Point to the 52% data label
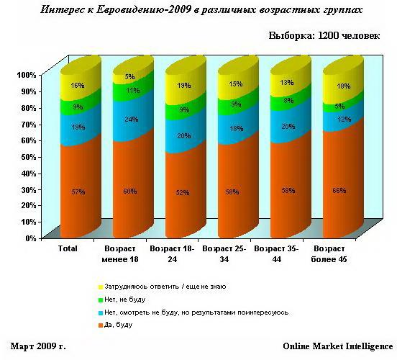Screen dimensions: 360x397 (x=183, y=192)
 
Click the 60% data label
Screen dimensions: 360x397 (x=131, y=192)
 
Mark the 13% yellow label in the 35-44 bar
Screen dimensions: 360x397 (x=287, y=83)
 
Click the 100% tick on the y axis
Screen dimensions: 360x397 (x=25, y=74)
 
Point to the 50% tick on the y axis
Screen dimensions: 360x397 (x=27, y=156)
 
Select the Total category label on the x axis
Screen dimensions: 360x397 (x=68, y=249)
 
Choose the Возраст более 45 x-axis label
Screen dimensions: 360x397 (x=330, y=254)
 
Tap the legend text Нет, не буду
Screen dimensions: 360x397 (x=125, y=300)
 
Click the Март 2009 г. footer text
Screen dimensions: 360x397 (x=39, y=346)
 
